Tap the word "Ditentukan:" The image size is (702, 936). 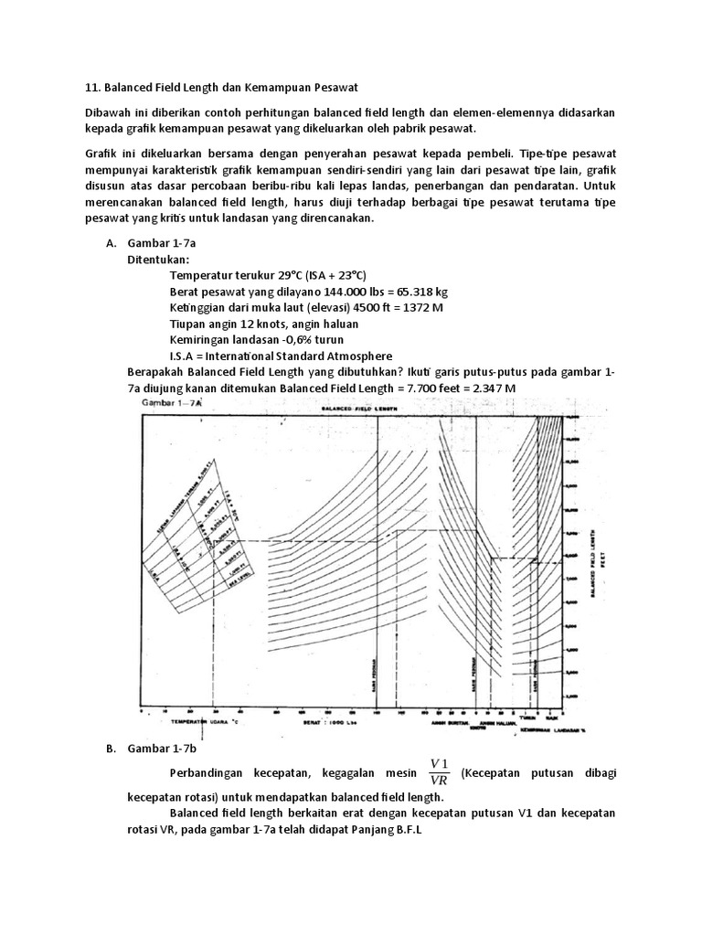[x=158, y=259]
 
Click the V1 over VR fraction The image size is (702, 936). [x=440, y=772]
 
